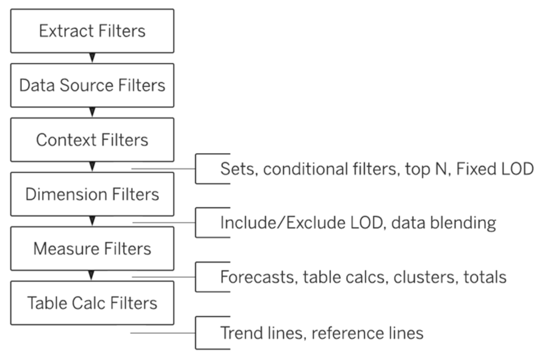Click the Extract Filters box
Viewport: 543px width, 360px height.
(x=92, y=31)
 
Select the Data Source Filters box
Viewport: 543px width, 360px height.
(x=92, y=86)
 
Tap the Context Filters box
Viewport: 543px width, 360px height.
(x=92, y=140)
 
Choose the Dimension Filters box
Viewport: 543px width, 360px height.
(x=92, y=194)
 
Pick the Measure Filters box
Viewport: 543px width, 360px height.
(x=92, y=249)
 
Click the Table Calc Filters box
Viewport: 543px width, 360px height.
(x=92, y=303)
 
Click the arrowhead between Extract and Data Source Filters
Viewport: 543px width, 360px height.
(x=92, y=57)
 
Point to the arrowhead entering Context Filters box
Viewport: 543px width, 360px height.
(x=92, y=112)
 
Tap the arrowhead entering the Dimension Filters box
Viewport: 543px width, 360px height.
(x=92, y=167)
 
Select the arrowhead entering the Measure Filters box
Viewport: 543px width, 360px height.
(x=92, y=221)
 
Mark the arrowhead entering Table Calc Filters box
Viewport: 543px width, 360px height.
(x=92, y=275)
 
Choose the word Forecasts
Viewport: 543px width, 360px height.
(x=257, y=278)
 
